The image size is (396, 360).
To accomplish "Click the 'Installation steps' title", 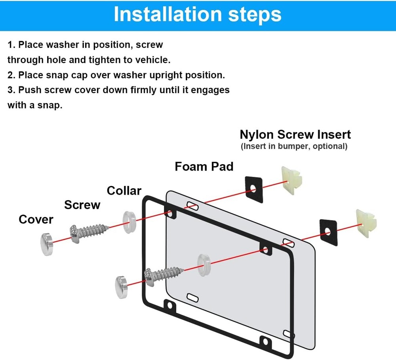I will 198,14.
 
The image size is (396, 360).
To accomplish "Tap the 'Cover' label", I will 36,219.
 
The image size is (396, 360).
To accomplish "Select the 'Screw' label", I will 82,205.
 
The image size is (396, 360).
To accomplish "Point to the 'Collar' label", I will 124,191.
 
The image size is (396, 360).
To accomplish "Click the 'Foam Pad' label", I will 204,166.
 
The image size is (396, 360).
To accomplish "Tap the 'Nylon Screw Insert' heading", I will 295,134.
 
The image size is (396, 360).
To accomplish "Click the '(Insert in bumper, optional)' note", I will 294,146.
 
